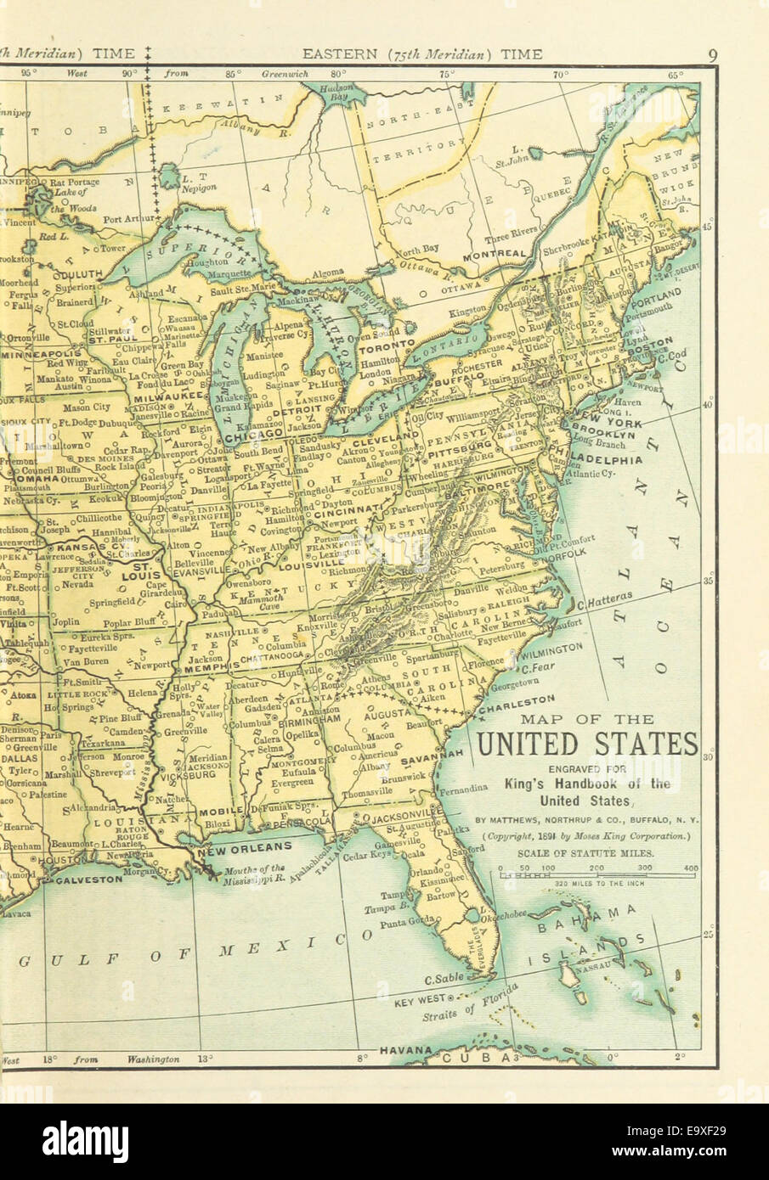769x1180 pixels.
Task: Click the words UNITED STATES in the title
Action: (x=586, y=744)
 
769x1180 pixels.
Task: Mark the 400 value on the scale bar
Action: (x=689, y=869)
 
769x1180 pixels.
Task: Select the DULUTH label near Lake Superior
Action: (x=78, y=274)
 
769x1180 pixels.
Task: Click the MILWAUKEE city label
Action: (x=175, y=396)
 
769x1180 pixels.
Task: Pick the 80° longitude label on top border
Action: (x=339, y=74)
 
